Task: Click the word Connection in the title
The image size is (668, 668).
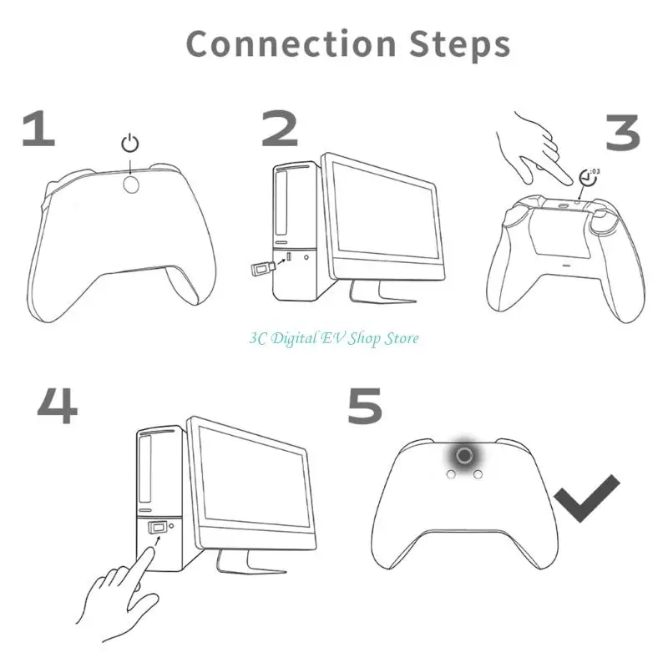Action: (291, 44)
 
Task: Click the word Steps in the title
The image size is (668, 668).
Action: (460, 44)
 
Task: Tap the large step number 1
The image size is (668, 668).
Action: (39, 129)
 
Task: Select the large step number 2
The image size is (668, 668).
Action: (280, 129)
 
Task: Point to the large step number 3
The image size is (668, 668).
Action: (623, 133)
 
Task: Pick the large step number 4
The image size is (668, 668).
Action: (58, 406)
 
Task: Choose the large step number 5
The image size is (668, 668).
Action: (365, 406)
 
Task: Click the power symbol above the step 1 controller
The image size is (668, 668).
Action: (130, 143)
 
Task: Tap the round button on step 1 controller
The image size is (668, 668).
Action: (131, 184)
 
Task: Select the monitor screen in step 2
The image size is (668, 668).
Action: (385, 211)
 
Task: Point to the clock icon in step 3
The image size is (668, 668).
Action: (589, 178)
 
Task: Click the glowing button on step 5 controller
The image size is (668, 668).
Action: (464, 455)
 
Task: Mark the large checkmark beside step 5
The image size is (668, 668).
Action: (587, 498)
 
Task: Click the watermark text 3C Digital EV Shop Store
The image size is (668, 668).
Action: (334, 338)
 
